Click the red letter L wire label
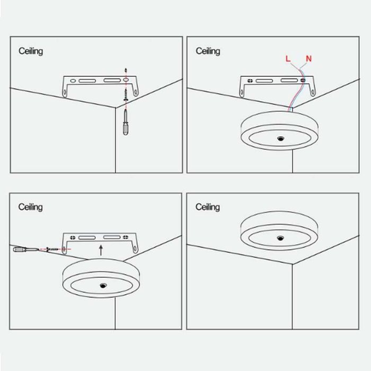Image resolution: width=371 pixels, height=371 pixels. tap(288, 58)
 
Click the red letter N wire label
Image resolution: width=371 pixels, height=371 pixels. tap(308, 58)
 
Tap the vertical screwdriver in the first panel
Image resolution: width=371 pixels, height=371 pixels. tap(126, 122)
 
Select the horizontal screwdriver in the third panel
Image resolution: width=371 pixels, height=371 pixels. tap(26, 249)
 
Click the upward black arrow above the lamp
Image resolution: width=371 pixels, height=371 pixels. tap(101, 250)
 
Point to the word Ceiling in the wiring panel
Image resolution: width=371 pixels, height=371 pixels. tap(208, 51)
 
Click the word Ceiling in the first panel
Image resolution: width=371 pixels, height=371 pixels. tap(31, 51)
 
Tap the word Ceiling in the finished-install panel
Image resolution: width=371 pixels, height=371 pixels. tap(208, 207)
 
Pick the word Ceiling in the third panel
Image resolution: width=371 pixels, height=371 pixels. tap(31, 207)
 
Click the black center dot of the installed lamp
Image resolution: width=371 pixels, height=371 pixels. tap(280, 238)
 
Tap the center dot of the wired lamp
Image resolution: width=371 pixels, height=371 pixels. tap(280, 139)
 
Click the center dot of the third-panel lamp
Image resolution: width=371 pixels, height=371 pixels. tap(103, 286)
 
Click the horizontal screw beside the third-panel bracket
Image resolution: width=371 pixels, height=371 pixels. tap(52, 250)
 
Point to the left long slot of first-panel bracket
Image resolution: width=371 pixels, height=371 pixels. tap(87, 81)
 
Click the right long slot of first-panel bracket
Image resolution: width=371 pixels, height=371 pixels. tap(112, 81)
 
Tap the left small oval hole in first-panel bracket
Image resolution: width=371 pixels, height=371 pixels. tap(73, 81)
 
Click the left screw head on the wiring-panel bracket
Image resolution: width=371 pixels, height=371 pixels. tap(250, 81)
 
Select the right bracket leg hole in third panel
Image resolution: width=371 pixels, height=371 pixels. tap(135, 249)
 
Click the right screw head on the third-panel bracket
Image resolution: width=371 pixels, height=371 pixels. tap(126, 237)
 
